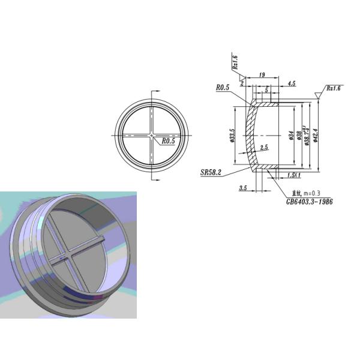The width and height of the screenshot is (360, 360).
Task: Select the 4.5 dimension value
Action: click(x=292, y=83)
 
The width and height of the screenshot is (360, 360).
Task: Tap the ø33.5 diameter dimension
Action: click(x=232, y=136)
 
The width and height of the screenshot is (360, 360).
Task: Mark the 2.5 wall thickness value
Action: click(x=264, y=147)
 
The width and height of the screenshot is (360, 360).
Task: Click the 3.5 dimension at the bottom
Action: click(x=243, y=188)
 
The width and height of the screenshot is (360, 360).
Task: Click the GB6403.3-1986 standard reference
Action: click(x=309, y=202)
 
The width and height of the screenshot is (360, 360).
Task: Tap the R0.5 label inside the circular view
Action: click(x=169, y=142)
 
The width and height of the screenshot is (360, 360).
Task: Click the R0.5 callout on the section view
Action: click(x=224, y=88)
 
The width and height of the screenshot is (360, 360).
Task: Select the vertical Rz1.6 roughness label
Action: click(x=235, y=62)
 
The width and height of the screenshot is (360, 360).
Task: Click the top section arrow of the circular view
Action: click(x=155, y=90)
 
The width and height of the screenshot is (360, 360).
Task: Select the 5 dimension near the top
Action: click(x=266, y=89)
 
